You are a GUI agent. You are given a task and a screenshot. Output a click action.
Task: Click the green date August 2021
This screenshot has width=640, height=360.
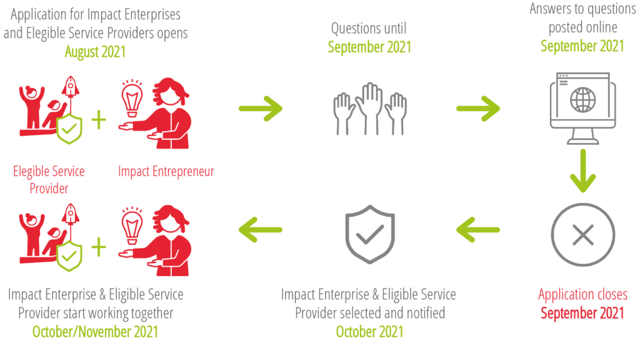95,52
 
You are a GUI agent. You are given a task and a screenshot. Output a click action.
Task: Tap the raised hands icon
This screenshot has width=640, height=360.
370,109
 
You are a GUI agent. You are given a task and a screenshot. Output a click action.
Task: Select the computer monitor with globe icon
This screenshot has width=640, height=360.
582,108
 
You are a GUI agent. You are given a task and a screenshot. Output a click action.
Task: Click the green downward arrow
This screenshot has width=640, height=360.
583,171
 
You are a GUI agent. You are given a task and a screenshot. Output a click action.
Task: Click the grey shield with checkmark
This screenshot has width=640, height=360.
370,234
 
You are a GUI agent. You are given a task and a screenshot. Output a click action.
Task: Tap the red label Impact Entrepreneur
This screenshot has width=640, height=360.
166,171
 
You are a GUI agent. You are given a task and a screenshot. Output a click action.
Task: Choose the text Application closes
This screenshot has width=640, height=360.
582,294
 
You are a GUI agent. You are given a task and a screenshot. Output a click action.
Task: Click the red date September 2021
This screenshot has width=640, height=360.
582,313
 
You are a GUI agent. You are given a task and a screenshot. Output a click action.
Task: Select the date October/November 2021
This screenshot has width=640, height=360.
95,332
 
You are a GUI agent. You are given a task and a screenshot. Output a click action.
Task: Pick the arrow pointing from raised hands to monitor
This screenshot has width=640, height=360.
478,109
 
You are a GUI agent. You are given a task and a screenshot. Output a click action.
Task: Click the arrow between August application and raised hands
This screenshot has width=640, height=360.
261,109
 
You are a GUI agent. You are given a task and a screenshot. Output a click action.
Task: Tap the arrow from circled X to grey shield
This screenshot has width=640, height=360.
478,230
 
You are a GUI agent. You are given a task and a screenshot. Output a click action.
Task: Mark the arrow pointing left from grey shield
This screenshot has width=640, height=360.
261,230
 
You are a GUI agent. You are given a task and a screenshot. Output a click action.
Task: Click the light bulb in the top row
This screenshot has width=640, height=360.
132,99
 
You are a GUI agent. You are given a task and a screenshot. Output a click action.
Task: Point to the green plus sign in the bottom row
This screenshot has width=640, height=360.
99,247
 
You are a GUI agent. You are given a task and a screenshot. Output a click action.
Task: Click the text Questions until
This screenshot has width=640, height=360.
369,29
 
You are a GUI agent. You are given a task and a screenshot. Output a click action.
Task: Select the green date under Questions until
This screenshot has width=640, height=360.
369,47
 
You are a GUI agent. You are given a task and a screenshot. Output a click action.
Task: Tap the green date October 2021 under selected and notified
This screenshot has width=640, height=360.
369,332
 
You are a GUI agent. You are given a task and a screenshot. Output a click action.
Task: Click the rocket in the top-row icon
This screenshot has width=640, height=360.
71,87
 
